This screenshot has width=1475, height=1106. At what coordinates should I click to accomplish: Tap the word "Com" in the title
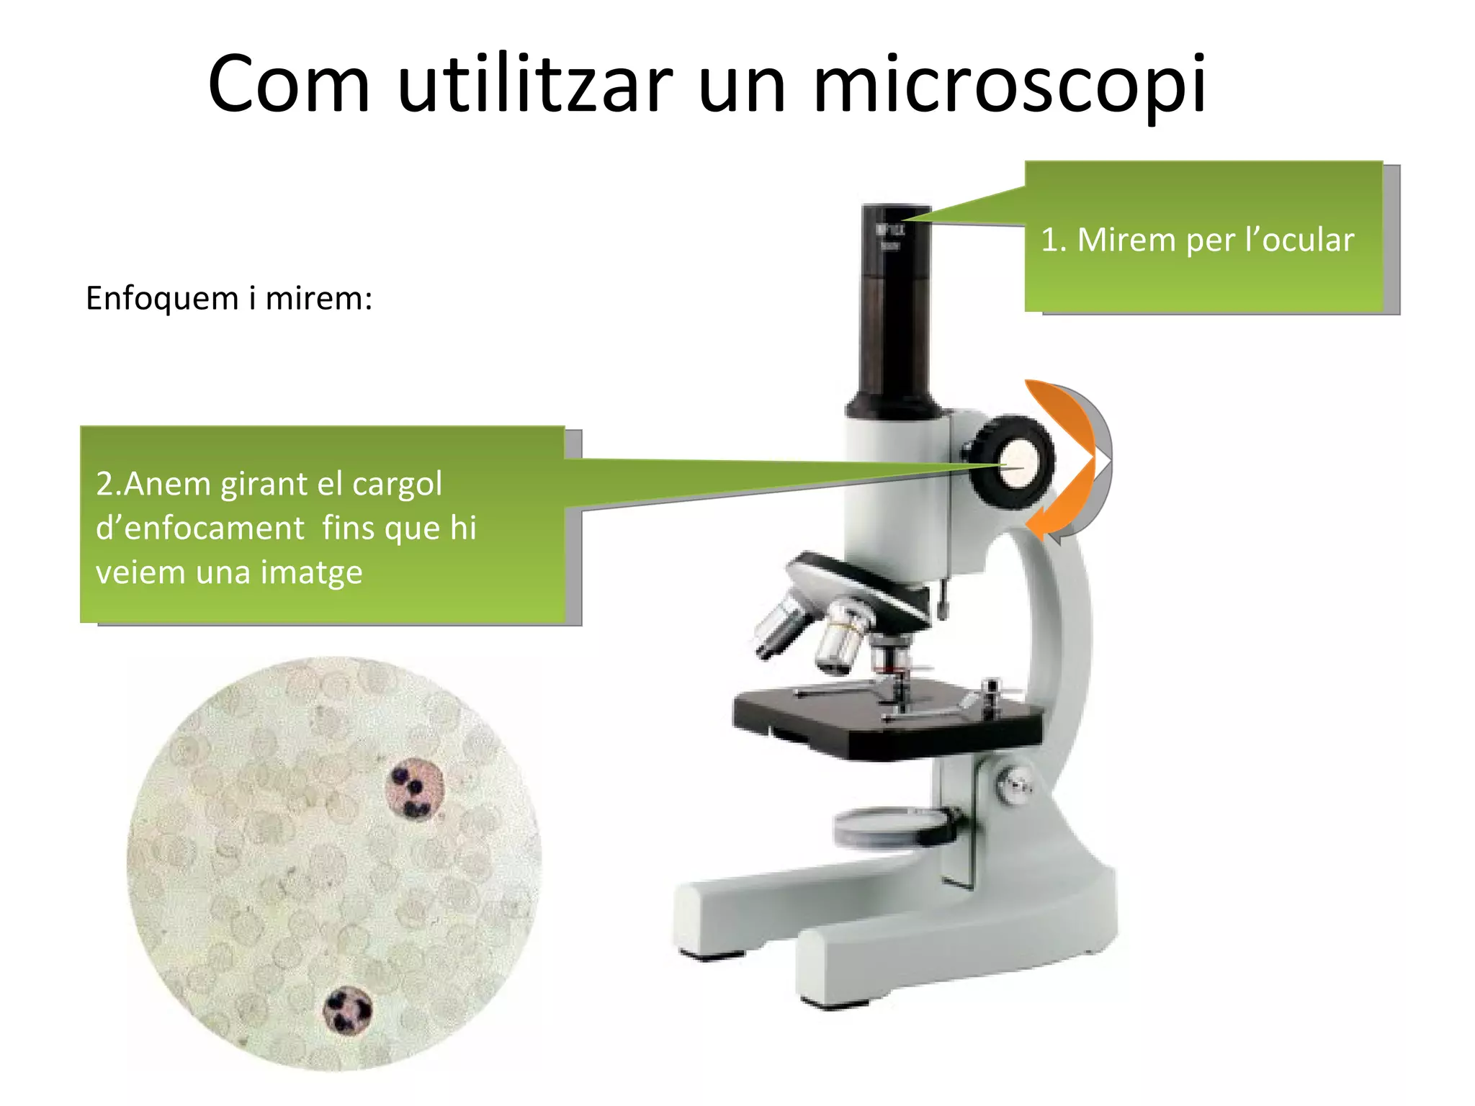[289, 85]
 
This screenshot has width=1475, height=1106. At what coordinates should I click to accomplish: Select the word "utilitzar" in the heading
[534, 85]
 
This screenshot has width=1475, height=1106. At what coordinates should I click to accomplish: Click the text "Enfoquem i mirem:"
[229, 298]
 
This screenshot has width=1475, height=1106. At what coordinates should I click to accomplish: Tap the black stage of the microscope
[886, 720]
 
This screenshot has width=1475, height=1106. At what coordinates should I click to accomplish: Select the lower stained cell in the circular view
[347, 1010]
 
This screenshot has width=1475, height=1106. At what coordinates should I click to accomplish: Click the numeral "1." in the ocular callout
[1054, 240]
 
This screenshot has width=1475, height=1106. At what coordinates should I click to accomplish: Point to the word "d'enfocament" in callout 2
[200, 529]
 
